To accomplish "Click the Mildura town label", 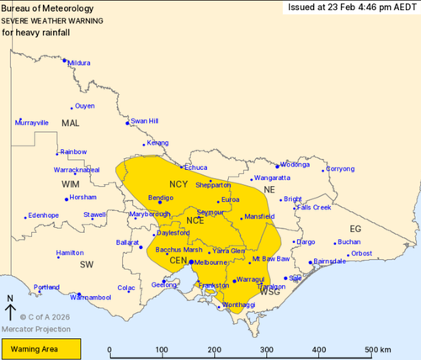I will point(79,62).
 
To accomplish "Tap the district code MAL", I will point(69,124).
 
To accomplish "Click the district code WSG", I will point(270,292).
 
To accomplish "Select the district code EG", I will point(354,229).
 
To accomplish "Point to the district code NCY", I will point(179,183).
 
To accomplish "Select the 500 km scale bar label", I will point(377,350).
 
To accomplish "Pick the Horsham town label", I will point(83,198).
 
